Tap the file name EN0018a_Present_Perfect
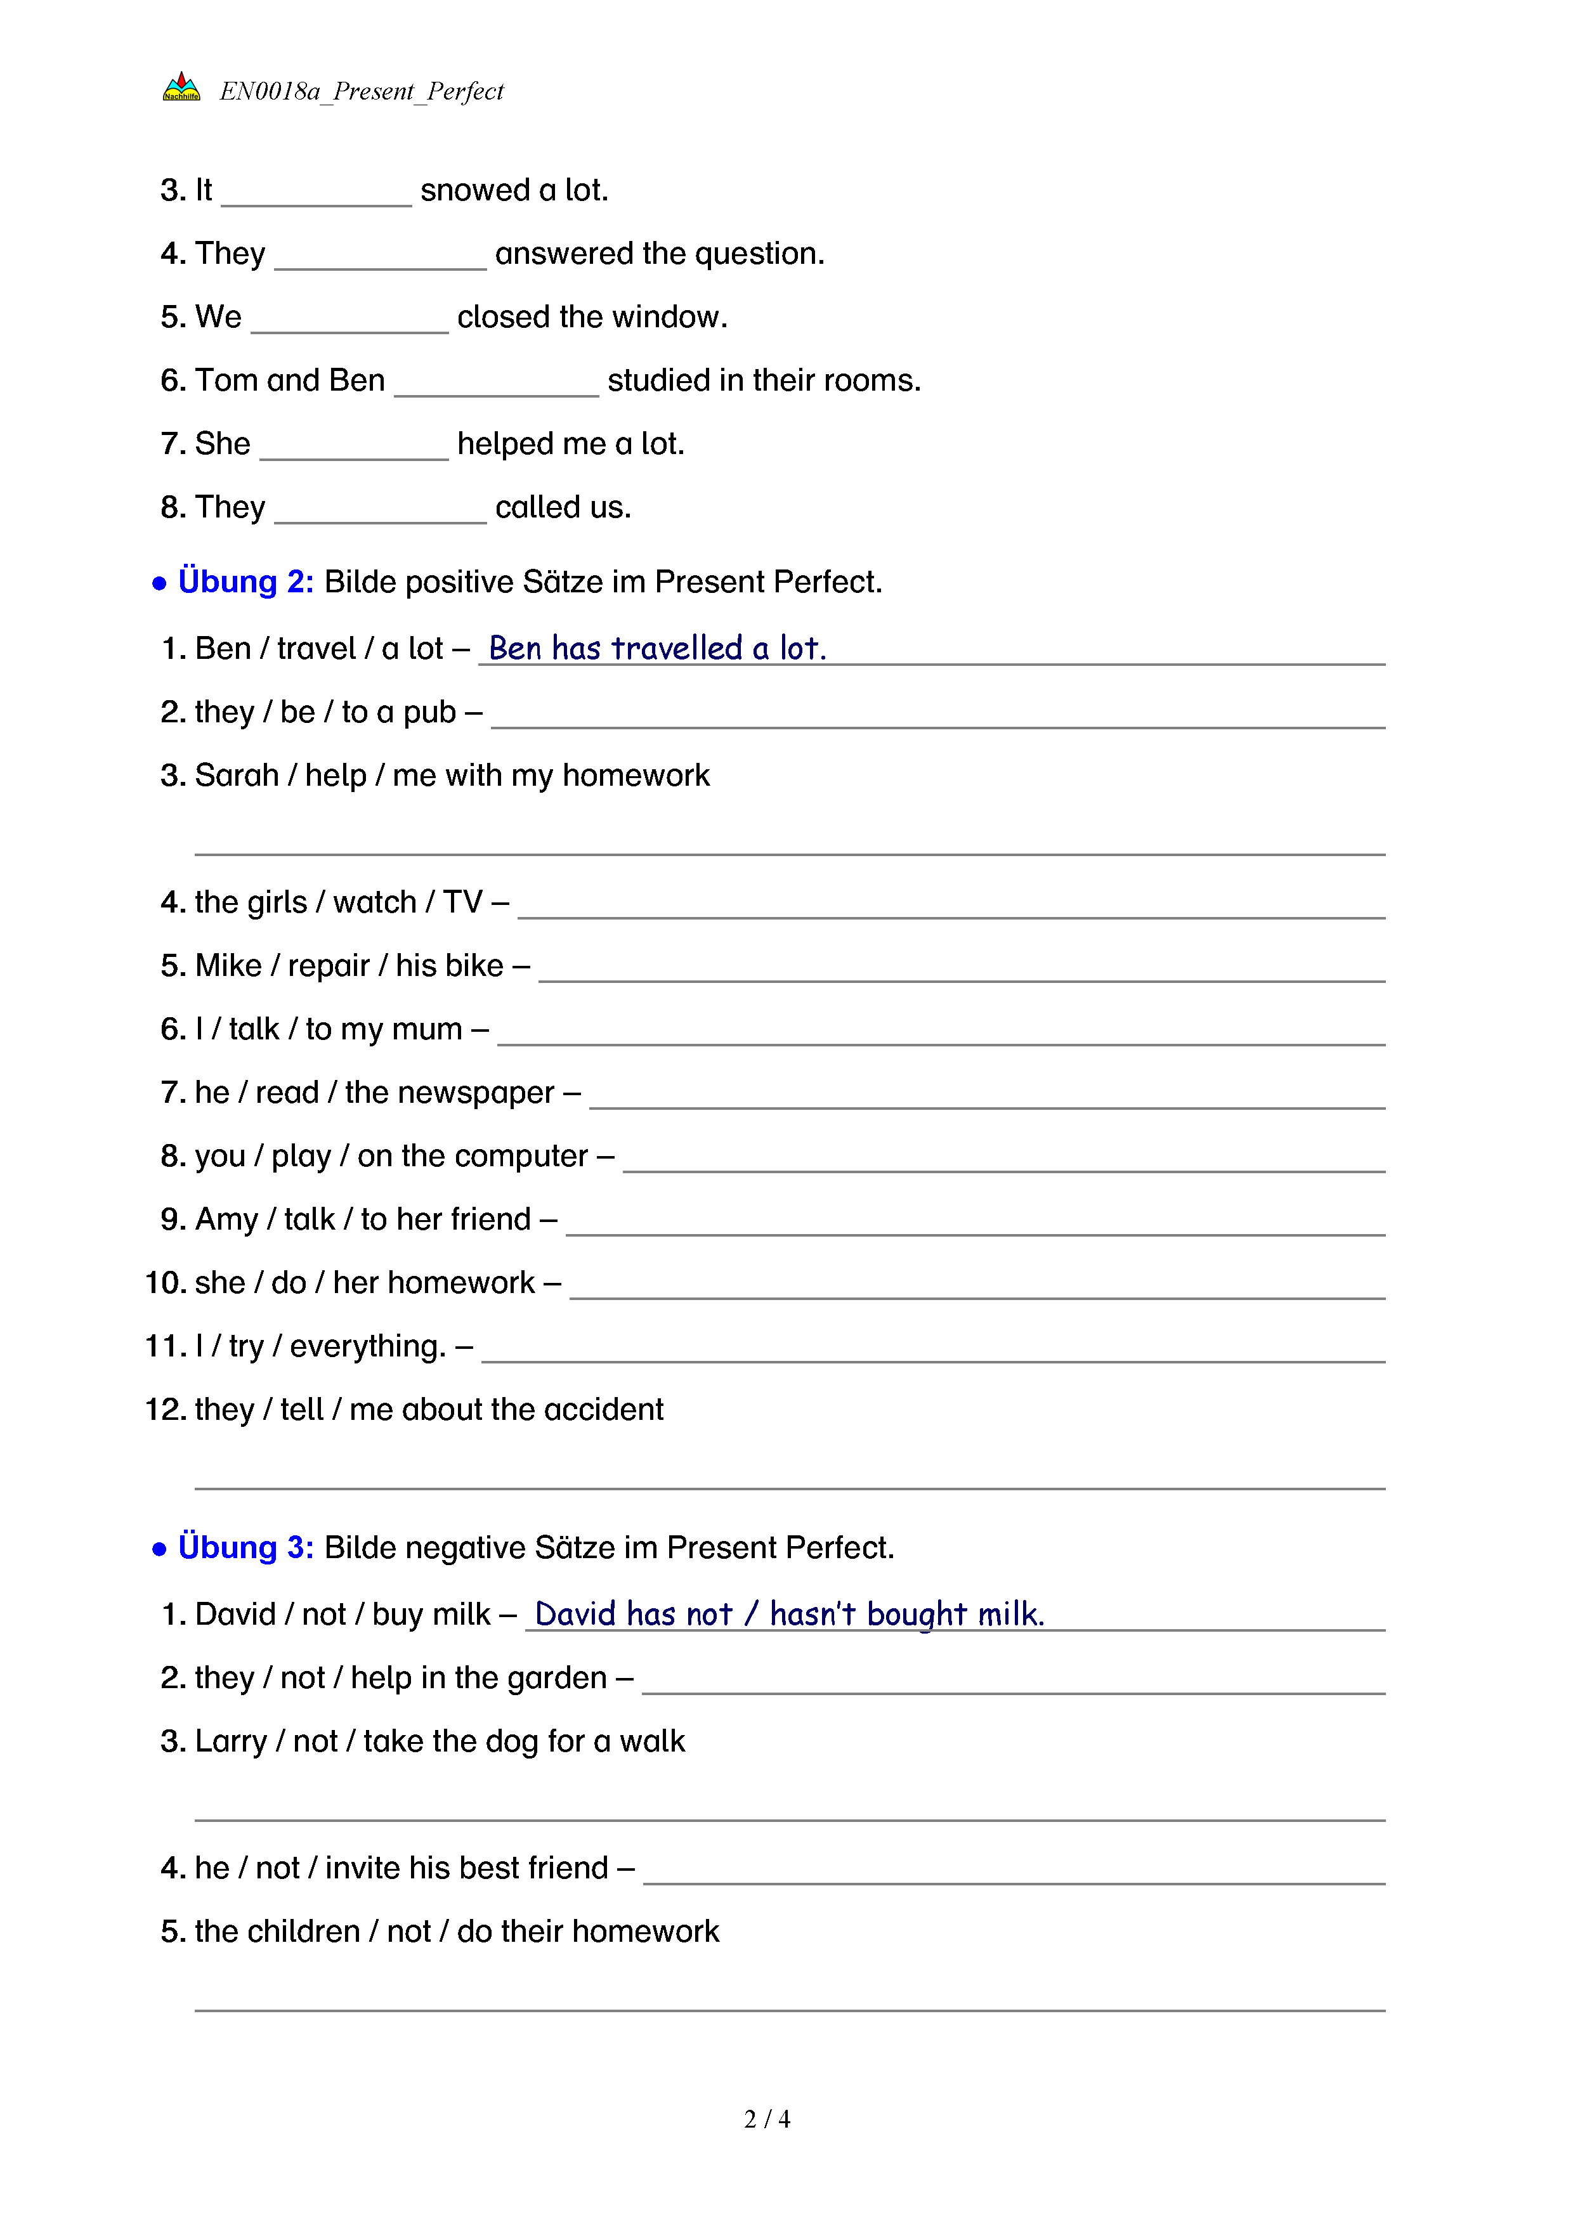(x=362, y=91)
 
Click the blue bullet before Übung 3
(x=160, y=1549)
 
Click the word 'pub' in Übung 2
(x=429, y=713)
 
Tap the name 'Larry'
(x=230, y=1741)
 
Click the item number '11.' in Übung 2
(x=165, y=1346)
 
